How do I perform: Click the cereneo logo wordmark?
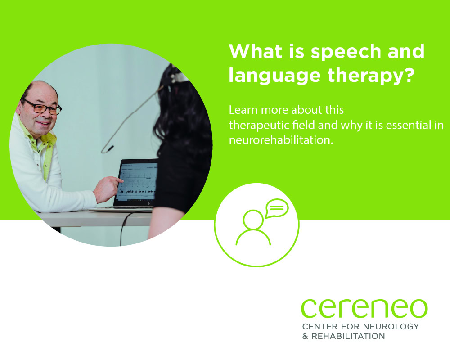(x=364, y=308)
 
